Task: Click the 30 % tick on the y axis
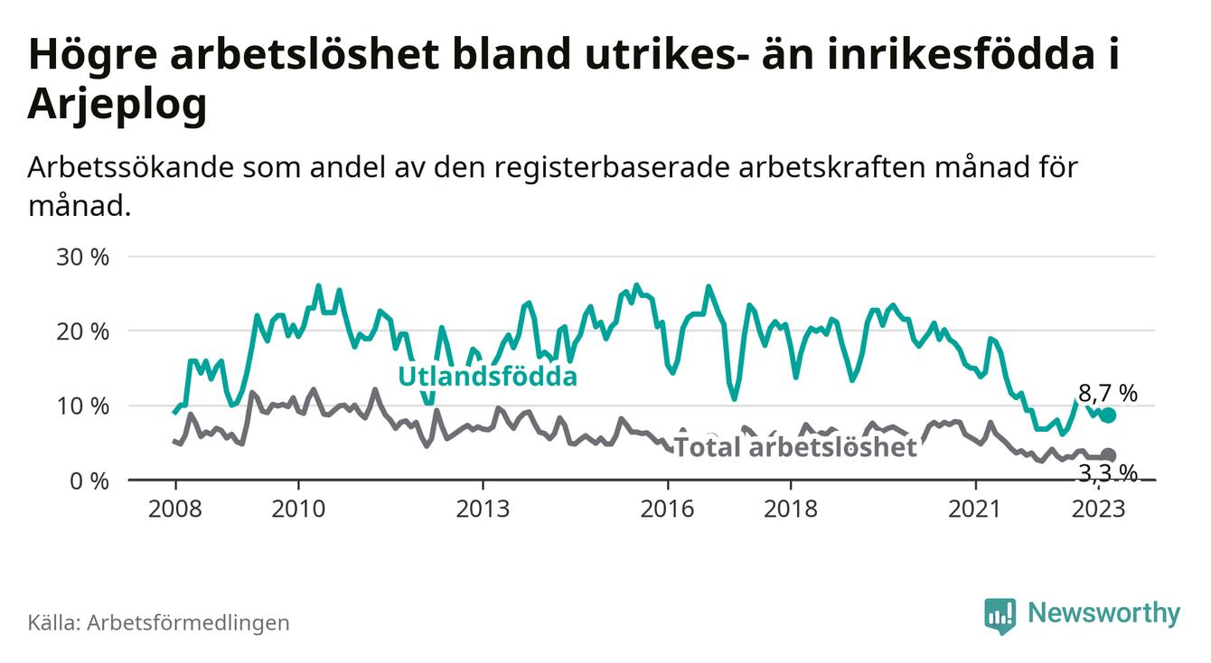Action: pos(82,257)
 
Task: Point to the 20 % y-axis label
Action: pos(82,331)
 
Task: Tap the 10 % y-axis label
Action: pos(82,406)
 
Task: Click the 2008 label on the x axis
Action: pos(174,508)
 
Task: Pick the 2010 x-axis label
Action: pos(298,508)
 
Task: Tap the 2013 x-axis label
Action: pos(483,508)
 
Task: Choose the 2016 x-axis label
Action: pos(668,508)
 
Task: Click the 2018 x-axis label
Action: pos(792,508)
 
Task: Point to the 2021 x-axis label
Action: pos(976,508)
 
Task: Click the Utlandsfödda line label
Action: pos(487,377)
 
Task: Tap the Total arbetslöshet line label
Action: pos(795,446)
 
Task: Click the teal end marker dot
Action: pos(1109,416)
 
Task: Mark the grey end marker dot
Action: pos(1109,455)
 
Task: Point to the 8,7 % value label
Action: pos(1108,393)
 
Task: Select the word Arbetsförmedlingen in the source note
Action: pos(188,622)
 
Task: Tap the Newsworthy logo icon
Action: pos(1000,614)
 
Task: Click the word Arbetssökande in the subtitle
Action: pos(117,169)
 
